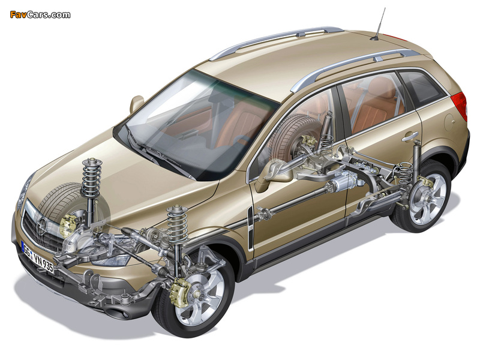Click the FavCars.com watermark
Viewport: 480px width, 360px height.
click(40, 14)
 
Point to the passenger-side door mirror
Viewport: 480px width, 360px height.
click(137, 103)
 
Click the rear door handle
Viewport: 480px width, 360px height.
click(410, 137)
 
